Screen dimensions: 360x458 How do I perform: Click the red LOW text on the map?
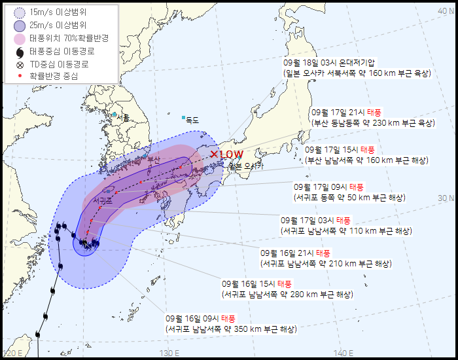(232, 154)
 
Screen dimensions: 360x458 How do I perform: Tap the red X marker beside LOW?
(214, 154)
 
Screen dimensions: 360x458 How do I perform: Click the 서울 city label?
(122, 118)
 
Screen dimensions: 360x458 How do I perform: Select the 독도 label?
(192, 120)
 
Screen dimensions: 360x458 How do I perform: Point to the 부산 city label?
(154, 159)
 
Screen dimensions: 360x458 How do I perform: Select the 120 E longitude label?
(13, 353)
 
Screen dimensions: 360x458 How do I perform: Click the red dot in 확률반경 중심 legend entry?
(20, 76)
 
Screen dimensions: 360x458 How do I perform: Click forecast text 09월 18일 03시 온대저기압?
(329, 63)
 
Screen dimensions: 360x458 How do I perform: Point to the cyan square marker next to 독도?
(183, 118)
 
